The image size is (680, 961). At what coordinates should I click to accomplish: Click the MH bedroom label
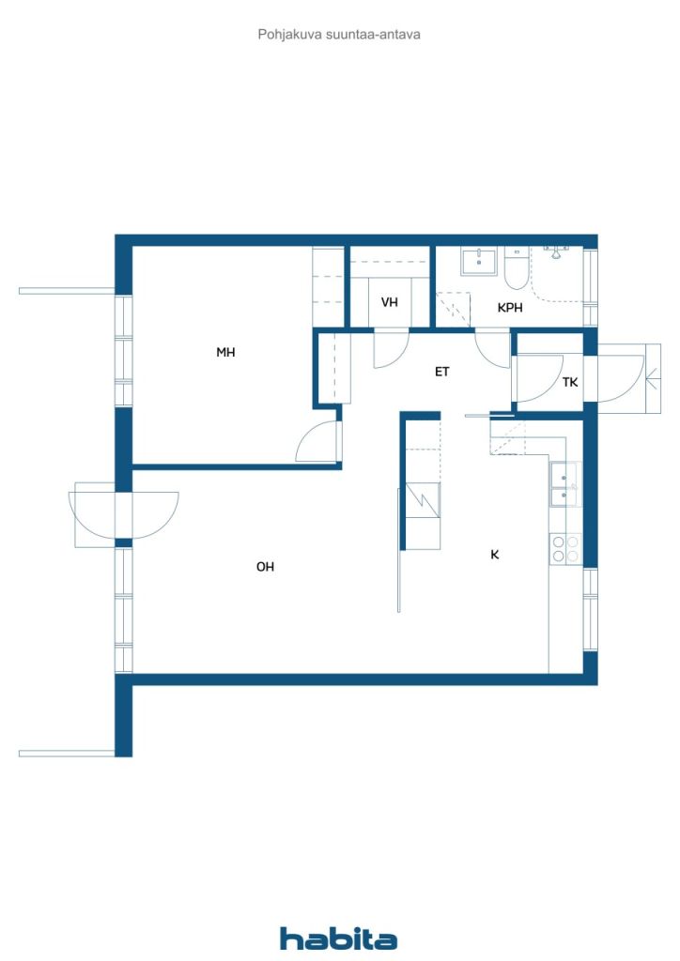[x=225, y=352]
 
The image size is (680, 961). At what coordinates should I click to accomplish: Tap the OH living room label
[x=265, y=566]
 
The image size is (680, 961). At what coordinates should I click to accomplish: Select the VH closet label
[x=390, y=302]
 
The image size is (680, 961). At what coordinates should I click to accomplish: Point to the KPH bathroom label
[x=510, y=308]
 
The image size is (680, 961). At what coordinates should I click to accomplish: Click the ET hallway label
[x=442, y=372]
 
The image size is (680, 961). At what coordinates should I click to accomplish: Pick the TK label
[x=570, y=382]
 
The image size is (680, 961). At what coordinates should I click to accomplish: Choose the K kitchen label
[x=495, y=555]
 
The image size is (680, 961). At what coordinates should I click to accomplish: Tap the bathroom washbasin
[x=479, y=261]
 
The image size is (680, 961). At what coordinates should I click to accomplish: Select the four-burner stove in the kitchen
[x=565, y=548]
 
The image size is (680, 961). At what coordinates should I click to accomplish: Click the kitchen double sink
[x=564, y=484]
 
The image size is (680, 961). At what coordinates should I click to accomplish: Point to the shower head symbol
[x=555, y=252]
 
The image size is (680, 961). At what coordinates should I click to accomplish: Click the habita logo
[x=338, y=938]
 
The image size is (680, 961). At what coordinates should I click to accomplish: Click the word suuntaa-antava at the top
[x=374, y=35]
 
